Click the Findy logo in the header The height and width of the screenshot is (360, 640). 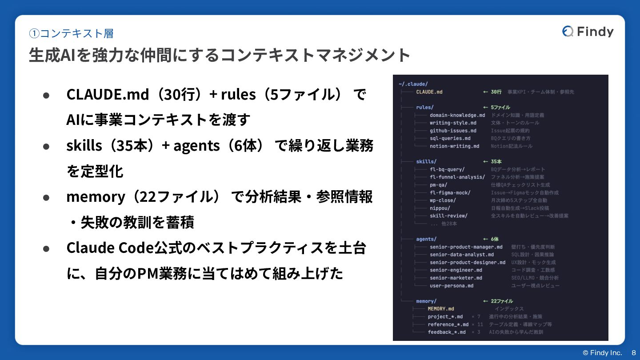pos(588,32)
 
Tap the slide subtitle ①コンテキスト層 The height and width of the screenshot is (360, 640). pos(71,33)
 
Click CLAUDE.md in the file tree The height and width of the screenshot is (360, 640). pos(429,92)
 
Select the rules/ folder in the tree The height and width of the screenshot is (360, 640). pos(424,107)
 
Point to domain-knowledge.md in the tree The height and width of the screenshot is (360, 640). pos(457,115)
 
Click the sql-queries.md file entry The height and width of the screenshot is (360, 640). pos(450,138)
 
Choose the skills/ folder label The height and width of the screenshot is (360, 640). pos(426,161)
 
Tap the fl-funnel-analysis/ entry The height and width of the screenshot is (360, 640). pos(457,177)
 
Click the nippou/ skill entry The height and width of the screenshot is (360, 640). pos(440,208)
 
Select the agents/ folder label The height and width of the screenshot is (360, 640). pos(426,239)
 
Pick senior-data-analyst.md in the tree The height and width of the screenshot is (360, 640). pos(461,255)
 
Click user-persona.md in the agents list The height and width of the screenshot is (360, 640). pos(451,286)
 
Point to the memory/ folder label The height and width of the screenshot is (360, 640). pos(426,301)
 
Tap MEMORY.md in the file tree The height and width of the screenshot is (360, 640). pos(440,309)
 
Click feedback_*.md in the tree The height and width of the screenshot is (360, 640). pos(446,332)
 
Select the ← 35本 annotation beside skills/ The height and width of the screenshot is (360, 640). pos(492,161)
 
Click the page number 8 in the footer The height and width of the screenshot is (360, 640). pos(634,352)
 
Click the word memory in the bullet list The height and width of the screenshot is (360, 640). pos(96,197)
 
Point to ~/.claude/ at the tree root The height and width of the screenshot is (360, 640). pos(413,84)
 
